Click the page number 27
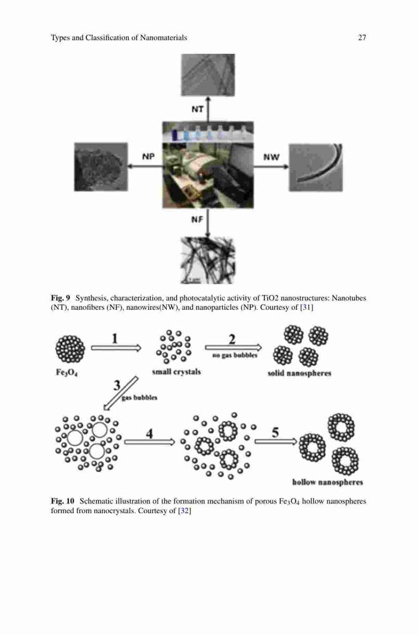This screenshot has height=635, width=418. (362, 37)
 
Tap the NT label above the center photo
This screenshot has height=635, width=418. (197, 109)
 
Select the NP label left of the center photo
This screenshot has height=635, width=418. (148, 156)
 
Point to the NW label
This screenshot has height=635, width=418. (271, 157)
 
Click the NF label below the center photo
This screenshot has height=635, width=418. (197, 220)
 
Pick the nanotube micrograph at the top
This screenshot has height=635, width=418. (207, 75)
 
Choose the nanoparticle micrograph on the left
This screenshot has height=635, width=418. (101, 166)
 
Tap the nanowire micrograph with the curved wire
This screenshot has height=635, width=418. (316, 167)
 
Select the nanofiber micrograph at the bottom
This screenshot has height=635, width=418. (207, 260)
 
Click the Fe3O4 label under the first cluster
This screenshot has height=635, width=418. (67, 372)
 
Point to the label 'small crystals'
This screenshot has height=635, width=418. (176, 371)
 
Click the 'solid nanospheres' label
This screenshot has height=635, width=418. (299, 373)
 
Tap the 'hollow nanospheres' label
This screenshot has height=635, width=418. (327, 482)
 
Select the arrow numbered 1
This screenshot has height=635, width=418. (115, 348)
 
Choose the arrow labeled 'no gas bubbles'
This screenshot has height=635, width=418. (233, 347)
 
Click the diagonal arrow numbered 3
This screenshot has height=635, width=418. (121, 393)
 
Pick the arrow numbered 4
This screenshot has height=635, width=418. (149, 442)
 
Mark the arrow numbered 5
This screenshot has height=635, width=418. (276, 441)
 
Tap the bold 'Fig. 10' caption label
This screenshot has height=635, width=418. (63, 501)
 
